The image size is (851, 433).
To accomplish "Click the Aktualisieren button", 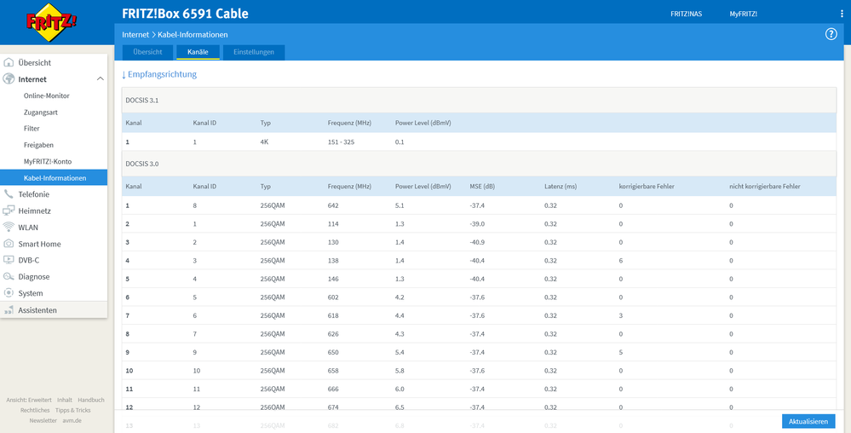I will [808, 421].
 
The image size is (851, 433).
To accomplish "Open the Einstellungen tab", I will [254, 52].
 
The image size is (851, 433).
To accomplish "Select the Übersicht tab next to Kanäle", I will [147, 52].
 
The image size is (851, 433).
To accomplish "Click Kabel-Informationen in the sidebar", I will [55, 178].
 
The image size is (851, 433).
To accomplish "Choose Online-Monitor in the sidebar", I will [47, 95].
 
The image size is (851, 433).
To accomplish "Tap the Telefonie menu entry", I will [33, 194].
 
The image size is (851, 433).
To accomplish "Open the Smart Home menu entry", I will [39, 244].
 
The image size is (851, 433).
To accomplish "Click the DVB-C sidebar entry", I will [28, 260].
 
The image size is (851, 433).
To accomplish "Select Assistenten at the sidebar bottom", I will [37, 310].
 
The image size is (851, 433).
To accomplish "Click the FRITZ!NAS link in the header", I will [686, 14].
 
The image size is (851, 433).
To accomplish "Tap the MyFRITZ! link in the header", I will [743, 14].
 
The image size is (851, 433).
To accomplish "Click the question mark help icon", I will [831, 34].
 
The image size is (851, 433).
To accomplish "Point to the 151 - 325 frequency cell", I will [341, 141].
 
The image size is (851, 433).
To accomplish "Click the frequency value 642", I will [333, 205].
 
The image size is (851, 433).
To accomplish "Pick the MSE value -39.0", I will [478, 224].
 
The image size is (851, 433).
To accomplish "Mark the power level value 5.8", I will [400, 371].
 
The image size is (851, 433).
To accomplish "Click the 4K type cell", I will [265, 141].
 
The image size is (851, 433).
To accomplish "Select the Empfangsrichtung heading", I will [159, 74].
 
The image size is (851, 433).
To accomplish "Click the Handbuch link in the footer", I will [90, 400].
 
